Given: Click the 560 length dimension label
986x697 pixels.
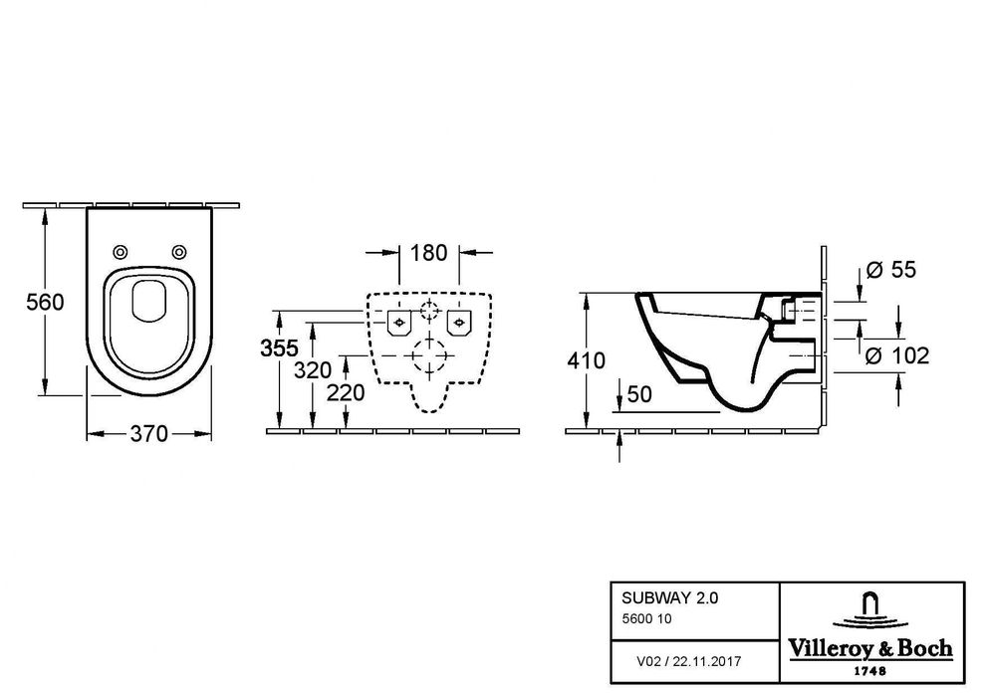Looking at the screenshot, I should (46, 302).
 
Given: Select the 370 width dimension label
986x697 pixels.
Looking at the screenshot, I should (148, 434).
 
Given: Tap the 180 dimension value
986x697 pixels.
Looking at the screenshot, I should (430, 252).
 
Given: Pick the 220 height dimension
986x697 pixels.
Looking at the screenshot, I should (346, 392).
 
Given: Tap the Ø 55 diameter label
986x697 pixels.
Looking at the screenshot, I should (890, 270).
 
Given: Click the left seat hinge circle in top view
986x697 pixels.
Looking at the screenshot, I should (122, 251).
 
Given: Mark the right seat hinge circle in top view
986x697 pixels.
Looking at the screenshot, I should (179, 251).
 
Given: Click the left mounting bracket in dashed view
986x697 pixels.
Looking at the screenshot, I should (400, 321).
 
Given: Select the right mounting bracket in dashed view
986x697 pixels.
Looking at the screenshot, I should (459, 321).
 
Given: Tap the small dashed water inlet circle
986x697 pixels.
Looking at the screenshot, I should (429, 310).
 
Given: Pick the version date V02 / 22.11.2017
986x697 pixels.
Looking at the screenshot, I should (688, 660).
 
